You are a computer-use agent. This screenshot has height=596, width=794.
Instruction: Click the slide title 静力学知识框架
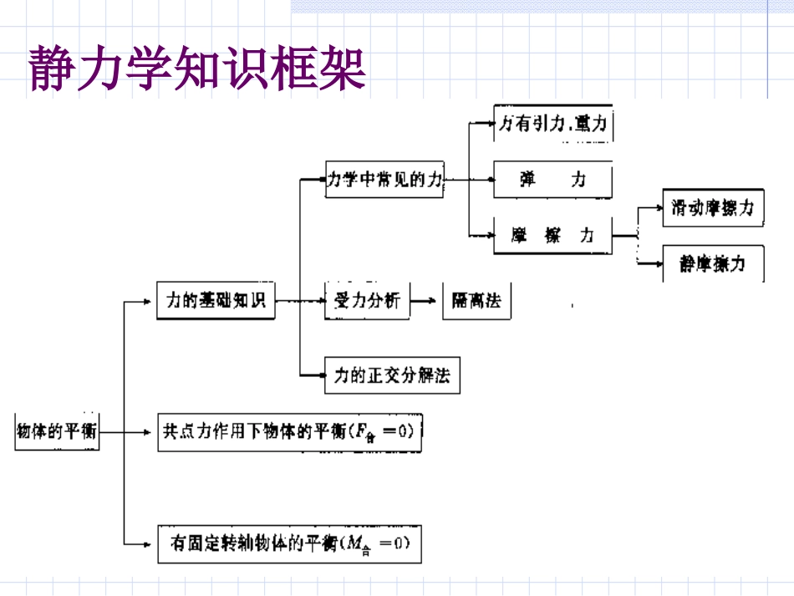tap(198, 69)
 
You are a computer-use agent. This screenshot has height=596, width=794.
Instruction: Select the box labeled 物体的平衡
tap(57, 431)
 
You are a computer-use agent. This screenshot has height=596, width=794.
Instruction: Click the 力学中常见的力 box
tap(384, 179)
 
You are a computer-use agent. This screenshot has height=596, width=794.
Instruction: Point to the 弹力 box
tap(552, 179)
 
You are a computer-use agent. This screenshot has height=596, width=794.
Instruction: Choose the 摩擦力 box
tap(552, 236)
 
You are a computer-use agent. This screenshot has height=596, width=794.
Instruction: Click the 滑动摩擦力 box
tap(712, 208)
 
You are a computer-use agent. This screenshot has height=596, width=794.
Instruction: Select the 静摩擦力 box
tap(712, 264)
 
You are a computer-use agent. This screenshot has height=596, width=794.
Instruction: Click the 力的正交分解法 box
tap(392, 375)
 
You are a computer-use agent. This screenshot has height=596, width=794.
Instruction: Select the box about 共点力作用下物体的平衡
tap(289, 432)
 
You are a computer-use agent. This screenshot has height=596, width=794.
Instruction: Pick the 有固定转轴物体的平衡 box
tap(289, 544)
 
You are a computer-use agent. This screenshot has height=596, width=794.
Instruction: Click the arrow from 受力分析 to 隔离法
tap(425, 301)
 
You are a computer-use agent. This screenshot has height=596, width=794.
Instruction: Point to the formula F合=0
tap(381, 433)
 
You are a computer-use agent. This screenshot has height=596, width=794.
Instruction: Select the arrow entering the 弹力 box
tap(481, 179)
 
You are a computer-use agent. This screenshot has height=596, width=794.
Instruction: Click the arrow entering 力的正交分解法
tap(314, 375)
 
